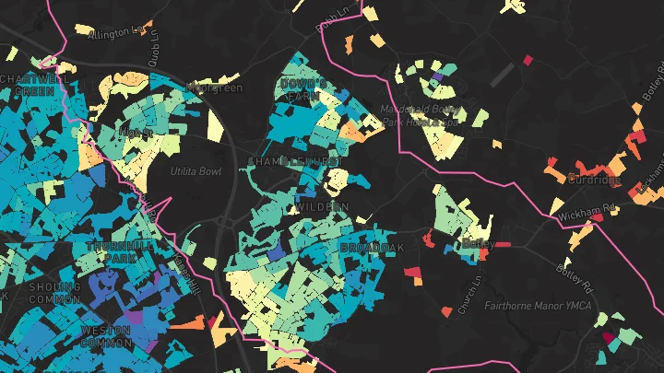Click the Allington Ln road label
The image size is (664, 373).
tap(117, 32)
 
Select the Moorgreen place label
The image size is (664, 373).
tap(213, 88)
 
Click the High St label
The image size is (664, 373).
tap(136, 133)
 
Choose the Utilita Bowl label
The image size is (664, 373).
tap(196, 171)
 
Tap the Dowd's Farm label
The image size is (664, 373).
tap(304, 90)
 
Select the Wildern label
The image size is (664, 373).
tap(324, 206)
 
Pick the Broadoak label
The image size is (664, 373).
tap(372, 249)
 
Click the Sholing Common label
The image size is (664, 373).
tap(55, 293)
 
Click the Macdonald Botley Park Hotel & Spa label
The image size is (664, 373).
tap(420, 115)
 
